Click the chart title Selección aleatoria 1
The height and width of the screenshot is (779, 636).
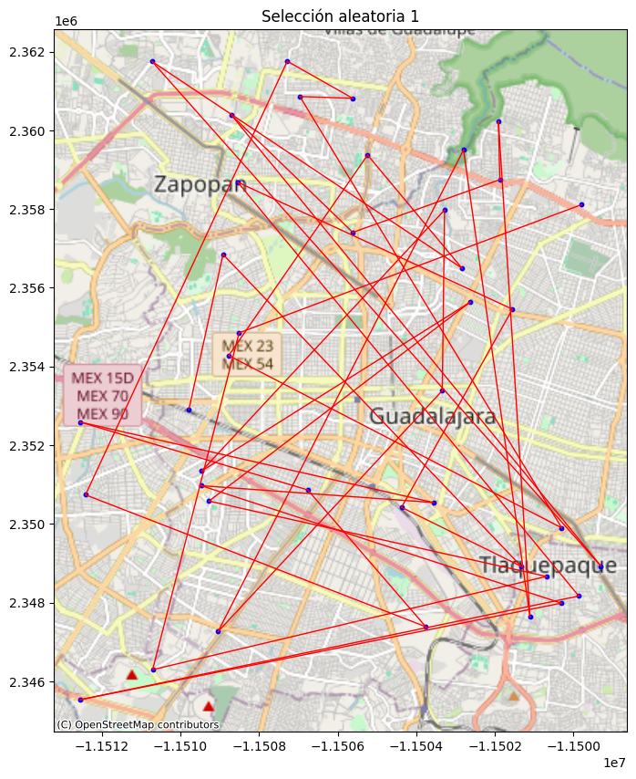pos(340,16)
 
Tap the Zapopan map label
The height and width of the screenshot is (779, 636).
pos(200,184)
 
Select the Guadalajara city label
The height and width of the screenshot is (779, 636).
pos(432,417)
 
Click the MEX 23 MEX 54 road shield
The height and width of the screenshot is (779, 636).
pos(247,355)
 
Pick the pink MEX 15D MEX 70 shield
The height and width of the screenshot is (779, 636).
pos(102,396)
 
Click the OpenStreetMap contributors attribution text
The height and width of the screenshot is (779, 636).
pos(138,724)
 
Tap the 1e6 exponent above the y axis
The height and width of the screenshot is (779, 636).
pos(66,21)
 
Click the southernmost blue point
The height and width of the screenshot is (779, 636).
pos(80,700)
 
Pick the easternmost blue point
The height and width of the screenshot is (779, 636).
pos(600,567)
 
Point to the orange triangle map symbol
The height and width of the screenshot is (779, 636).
pos(513,696)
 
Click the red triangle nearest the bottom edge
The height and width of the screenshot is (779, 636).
pos(208,706)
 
